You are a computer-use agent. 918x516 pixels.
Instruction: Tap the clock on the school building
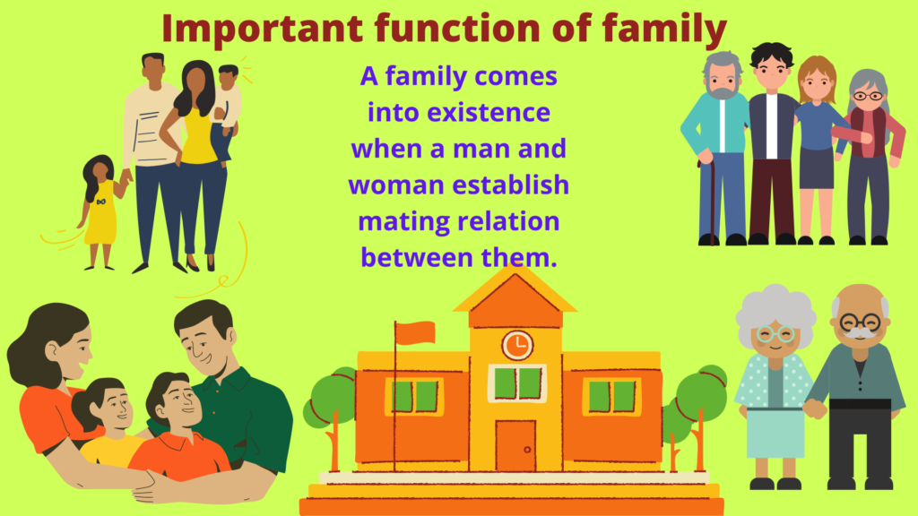click(x=516, y=344)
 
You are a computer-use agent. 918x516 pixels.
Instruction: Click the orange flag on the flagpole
click(x=415, y=333)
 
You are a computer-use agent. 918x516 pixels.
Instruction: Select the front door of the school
click(x=515, y=445)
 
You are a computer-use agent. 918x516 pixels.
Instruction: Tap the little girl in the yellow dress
click(x=100, y=211)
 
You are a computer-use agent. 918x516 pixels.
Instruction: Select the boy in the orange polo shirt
click(x=179, y=430)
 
